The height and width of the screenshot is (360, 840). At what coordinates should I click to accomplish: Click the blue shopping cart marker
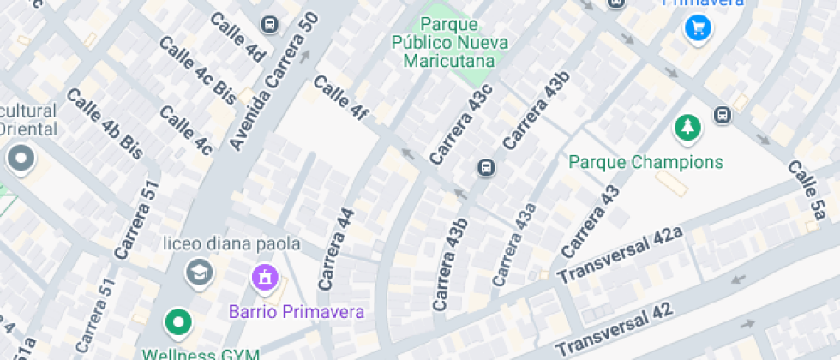(x=699, y=28)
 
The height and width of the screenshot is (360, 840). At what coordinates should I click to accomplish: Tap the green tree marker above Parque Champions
(x=687, y=129)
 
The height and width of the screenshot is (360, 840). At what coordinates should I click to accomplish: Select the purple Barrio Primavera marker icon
(x=264, y=278)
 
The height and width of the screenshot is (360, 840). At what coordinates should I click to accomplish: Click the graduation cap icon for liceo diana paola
(x=199, y=273)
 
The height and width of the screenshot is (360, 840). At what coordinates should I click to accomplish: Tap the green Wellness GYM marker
(x=178, y=323)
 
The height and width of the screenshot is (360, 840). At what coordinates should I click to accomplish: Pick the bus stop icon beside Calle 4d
(x=270, y=24)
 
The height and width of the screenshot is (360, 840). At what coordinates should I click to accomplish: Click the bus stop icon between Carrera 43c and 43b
(x=485, y=167)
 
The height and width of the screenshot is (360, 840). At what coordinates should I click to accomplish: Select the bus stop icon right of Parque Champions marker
(x=722, y=116)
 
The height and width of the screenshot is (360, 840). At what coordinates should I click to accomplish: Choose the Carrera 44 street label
(x=336, y=248)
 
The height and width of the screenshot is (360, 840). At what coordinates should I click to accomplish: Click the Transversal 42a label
(x=619, y=255)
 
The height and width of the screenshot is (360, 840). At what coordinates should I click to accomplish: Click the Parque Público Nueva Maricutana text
(x=450, y=42)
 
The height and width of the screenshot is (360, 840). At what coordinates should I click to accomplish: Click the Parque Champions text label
(x=646, y=162)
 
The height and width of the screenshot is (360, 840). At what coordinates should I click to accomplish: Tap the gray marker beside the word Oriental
(x=19, y=159)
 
